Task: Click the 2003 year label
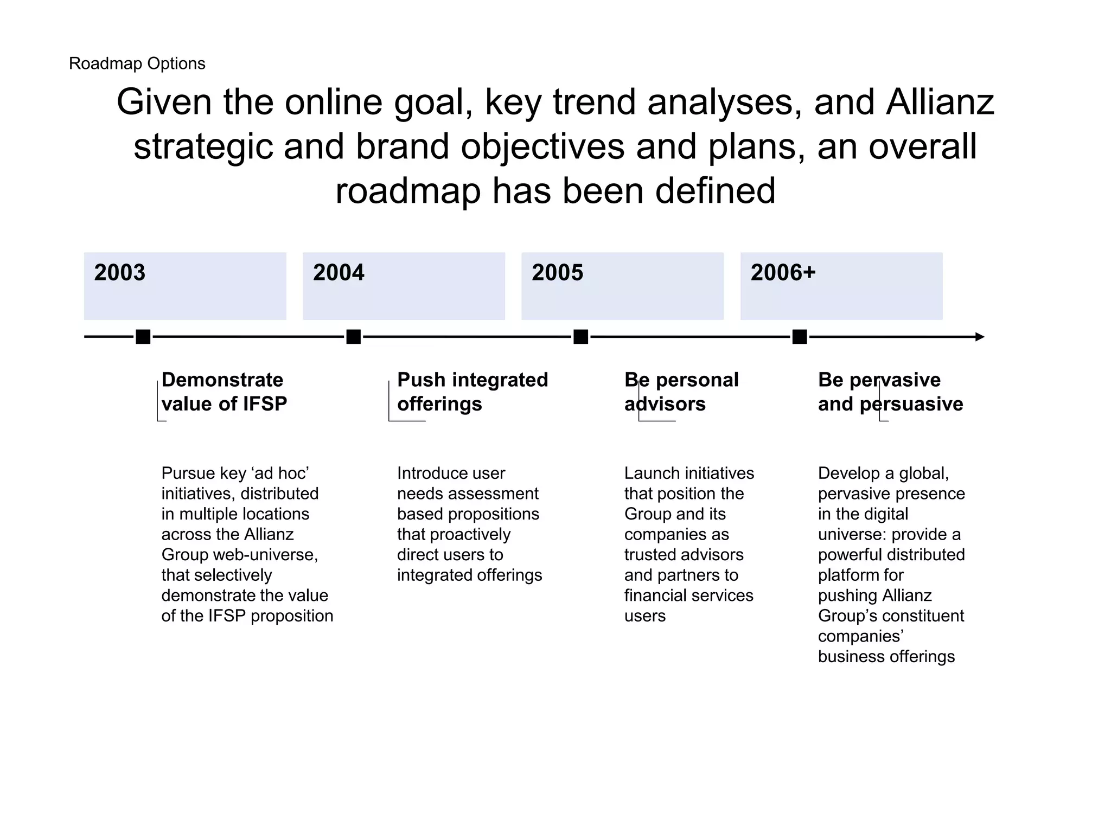tap(120, 273)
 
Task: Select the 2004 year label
tap(339, 273)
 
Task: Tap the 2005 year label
tap(557, 273)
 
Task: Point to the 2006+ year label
tap(783, 273)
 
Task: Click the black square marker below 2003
tap(143, 337)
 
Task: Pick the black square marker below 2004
tap(353, 337)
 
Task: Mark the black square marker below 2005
tap(580, 337)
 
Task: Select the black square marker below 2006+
tap(800, 337)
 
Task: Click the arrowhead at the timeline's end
tap(979, 337)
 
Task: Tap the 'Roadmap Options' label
tap(137, 64)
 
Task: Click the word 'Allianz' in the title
tap(940, 102)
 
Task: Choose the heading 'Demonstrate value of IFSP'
tap(224, 392)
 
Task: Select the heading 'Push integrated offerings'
tap(472, 392)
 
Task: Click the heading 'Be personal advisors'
tap(681, 392)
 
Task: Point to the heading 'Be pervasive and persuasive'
tap(890, 392)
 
